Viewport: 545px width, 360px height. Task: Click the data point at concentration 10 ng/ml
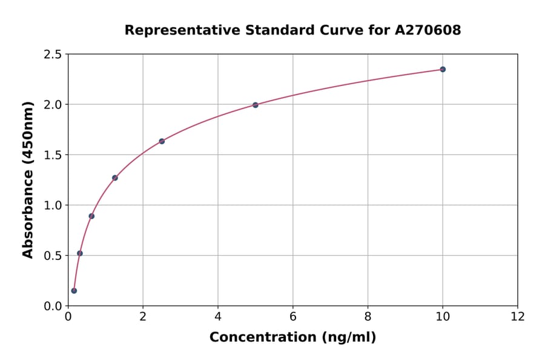pos(443,70)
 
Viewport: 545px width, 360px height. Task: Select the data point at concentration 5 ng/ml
pos(256,105)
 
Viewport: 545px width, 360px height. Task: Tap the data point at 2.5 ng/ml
pos(162,141)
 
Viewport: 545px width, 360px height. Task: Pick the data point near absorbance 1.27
pos(115,178)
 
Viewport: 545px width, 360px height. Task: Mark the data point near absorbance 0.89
pos(91,216)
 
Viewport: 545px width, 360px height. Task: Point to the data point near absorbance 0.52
pos(80,253)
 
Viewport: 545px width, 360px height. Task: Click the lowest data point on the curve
pos(74,290)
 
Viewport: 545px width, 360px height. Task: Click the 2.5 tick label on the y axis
pos(52,55)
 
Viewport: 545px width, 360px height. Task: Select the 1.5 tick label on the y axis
pos(52,155)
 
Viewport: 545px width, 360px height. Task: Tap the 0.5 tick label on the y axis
pos(52,256)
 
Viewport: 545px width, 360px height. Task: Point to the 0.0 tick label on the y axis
pos(52,306)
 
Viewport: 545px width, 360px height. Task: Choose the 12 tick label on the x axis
pos(518,317)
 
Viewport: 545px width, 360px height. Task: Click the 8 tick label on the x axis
pos(368,317)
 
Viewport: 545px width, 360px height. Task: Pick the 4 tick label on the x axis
pos(218,317)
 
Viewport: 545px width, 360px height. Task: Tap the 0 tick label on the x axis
pos(68,317)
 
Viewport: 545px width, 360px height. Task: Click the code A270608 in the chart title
pos(428,30)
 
